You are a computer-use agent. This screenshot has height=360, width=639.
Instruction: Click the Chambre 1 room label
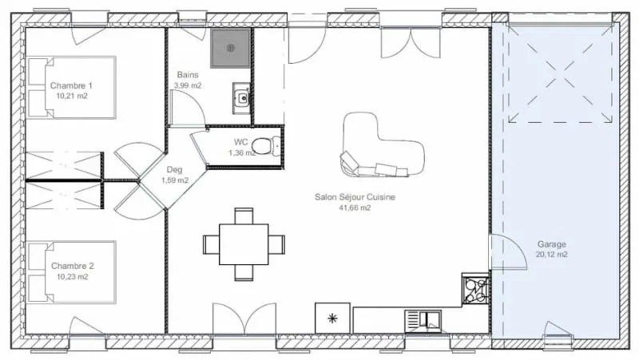(x=71, y=85)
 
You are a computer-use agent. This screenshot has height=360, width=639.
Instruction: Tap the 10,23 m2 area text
(x=72, y=276)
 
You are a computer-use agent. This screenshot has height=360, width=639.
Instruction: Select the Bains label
(x=188, y=75)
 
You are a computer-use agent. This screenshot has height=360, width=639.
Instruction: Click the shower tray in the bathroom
(x=230, y=49)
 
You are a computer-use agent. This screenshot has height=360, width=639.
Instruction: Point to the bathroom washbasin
(x=242, y=97)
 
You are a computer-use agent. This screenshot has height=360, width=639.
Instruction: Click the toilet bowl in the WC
(x=266, y=146)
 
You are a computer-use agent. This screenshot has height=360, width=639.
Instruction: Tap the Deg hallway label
(x=174, y=169)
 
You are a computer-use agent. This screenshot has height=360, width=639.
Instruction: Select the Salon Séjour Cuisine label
(x=355, y=197)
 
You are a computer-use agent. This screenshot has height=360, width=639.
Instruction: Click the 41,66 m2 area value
(x=355, y=208)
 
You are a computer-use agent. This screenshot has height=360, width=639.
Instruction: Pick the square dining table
(x=244, y=244)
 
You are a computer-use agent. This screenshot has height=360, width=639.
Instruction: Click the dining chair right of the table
(x=276, y=244)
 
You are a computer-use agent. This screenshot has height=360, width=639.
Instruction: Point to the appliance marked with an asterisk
(x=332, y=318)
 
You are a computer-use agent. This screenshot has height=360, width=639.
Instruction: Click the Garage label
(x=551, y=244)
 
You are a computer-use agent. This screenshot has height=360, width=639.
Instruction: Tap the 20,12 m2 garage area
(x=551, y=255)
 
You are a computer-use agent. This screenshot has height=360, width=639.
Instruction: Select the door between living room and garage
(x=507, y=251)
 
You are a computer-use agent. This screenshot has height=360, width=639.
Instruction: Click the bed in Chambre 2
(x=72, y=272)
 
